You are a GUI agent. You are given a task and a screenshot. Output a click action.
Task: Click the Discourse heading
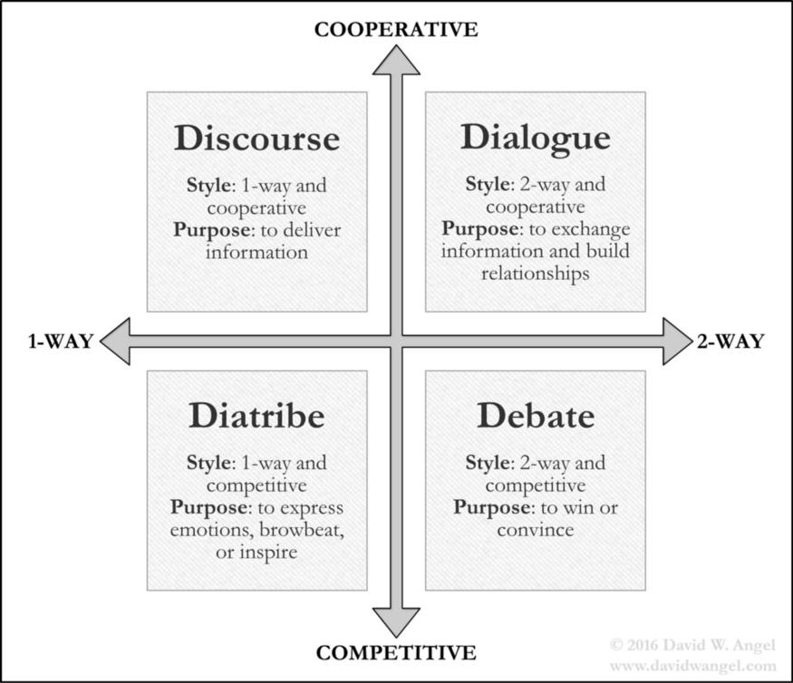256,138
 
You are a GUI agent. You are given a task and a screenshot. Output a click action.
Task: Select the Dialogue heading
536,139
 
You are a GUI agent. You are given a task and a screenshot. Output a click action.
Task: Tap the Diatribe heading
256,416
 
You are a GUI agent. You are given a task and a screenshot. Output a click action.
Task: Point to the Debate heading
536,416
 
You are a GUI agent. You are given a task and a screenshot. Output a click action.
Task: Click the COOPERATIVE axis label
396,29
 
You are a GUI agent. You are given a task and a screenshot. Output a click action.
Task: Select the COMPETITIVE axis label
396,653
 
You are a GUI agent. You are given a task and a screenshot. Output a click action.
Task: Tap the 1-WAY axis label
61,341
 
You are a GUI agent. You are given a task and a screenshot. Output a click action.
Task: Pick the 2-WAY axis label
730,341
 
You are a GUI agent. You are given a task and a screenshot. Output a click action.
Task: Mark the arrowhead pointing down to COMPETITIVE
397,621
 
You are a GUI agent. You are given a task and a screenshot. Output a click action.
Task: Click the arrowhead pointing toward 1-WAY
116,341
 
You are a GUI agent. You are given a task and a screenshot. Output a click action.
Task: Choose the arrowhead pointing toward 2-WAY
676,341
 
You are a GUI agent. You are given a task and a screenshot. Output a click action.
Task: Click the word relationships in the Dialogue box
536,274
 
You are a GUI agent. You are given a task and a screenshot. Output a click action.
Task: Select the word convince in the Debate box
536,530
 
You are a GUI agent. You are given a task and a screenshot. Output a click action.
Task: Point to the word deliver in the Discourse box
312,230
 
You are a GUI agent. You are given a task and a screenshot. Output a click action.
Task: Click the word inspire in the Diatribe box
268,553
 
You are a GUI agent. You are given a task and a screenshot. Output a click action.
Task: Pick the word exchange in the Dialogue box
591,229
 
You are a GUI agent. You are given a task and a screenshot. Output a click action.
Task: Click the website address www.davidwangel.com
693,667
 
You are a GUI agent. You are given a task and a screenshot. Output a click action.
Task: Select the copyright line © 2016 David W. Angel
693,645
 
